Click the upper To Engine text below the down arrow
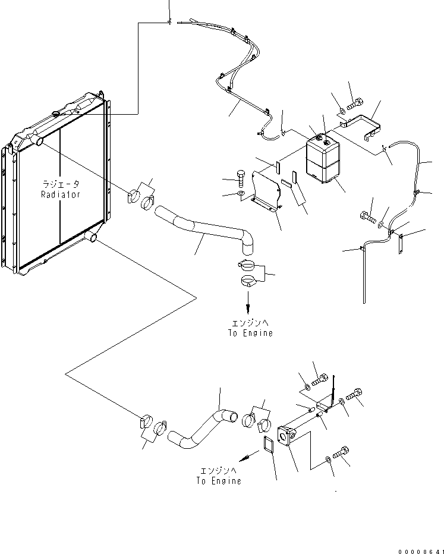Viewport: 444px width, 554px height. point(250,333)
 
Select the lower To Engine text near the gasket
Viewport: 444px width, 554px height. point(219,480)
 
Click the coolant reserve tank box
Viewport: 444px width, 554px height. point(323,158)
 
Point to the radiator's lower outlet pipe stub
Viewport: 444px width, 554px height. point(90,238)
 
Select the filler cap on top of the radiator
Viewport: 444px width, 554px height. point(56,114)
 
